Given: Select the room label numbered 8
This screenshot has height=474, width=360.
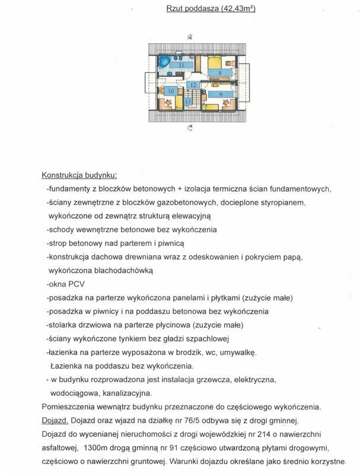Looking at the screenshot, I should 220,73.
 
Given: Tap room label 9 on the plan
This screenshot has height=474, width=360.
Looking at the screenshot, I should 220,94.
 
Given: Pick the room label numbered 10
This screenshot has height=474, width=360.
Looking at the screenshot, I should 171,91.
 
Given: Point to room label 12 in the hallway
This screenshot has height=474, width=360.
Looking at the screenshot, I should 192,85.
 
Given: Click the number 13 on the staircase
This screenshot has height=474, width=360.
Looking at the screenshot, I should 188,102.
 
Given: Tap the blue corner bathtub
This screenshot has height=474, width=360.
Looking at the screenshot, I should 164,62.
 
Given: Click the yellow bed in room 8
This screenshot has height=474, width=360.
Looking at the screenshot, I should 215,62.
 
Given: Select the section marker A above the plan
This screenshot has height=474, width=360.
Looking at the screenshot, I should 190,37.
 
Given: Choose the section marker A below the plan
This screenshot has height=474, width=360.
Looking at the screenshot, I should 190,127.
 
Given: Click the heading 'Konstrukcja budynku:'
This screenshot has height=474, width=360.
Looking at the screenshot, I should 79,175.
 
